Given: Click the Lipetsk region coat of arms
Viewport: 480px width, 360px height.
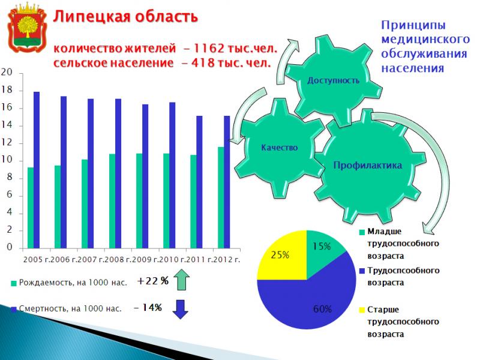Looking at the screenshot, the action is click(27, 28).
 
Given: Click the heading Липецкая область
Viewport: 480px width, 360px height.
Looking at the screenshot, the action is click(125, 17).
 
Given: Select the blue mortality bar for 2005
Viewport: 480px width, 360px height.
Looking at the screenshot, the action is click(37, 170).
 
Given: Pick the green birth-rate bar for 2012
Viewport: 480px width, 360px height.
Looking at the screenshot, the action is click(221, 197).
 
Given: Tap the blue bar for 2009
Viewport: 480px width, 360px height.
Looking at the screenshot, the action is click(145, 176).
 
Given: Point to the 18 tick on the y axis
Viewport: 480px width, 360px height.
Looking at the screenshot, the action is click(7, 90).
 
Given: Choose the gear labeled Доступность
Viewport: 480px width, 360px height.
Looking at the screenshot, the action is click(333, 80).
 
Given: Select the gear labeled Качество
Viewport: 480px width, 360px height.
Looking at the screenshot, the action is click(279, 148).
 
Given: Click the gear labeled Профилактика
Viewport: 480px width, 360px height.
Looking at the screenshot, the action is click(367, 166).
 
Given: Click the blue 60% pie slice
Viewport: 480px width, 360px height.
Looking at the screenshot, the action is click(309, 303).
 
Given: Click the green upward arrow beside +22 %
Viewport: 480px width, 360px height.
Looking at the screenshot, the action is click(181, 279).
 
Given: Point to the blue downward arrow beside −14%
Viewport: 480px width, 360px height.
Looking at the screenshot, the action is click(181, 309).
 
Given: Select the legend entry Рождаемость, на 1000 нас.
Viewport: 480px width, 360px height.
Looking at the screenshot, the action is click(69, 283).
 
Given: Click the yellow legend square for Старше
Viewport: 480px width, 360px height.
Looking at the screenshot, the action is click(362, 310).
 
